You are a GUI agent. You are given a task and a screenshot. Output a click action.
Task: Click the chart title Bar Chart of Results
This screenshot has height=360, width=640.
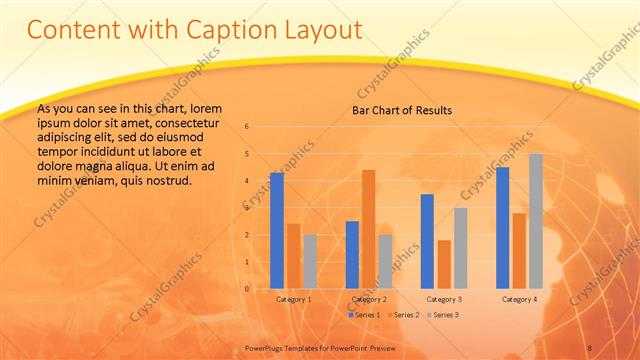pos(401,110)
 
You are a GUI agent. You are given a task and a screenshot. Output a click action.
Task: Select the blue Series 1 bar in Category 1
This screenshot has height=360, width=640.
pos(277,230)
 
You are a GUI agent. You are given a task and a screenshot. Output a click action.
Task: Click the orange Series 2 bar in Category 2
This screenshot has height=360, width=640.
pos(368,229)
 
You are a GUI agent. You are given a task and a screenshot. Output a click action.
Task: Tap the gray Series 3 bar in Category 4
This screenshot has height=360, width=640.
pos(536,221)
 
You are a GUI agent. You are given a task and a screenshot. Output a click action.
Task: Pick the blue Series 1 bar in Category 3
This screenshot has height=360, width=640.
pos(427,241)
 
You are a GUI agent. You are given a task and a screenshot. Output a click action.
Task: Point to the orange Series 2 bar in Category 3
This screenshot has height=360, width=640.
pos(444,264)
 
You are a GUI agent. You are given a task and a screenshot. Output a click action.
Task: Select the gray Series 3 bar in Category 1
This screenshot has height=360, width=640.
pos(310,261)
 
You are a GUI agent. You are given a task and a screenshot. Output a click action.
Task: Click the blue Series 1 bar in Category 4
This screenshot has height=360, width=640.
pos(503,227)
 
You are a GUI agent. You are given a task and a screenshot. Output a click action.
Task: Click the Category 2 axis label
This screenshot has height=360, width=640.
pos(369,299)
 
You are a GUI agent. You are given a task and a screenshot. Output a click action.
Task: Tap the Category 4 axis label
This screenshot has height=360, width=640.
pos(519,299)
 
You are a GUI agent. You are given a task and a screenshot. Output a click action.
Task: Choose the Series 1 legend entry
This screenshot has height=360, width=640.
pos(364,315)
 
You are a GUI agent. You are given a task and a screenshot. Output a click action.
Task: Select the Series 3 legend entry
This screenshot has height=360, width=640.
pos(442,315)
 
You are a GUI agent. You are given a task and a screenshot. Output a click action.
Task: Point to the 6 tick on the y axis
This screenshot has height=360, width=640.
pos(247,127)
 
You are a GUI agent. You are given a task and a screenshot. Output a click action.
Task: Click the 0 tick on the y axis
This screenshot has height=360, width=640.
pos(247,288)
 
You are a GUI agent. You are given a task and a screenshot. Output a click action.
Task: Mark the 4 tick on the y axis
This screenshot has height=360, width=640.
pos(247,181)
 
